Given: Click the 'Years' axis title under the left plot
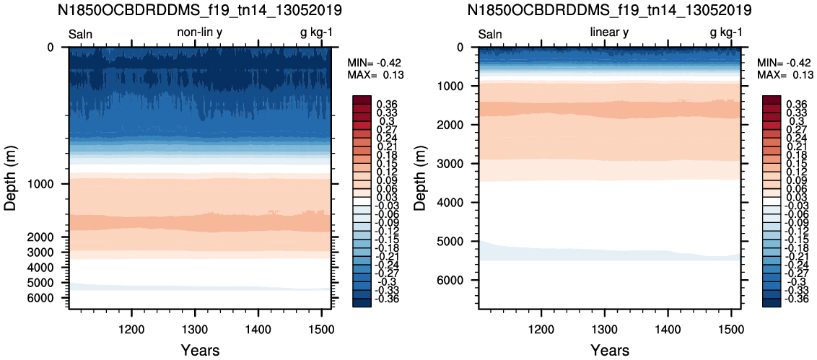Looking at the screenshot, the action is [200, 349].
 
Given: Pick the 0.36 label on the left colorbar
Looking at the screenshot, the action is [388, 103].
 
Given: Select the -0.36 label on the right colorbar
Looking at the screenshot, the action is [795, 299].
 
